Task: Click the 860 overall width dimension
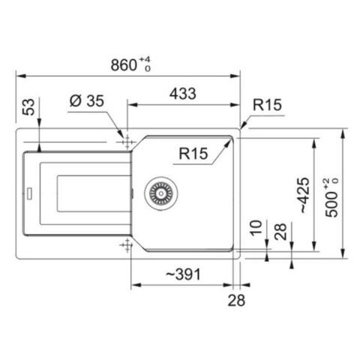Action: tap(124, 65)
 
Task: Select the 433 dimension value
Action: tap(183, 94)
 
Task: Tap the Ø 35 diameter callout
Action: tap(87, 101)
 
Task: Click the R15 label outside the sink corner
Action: tap(267, 104)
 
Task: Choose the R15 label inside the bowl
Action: tap(193, 153)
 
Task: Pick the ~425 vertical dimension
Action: tap(304, 195)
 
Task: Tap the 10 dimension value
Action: tap(256, 228)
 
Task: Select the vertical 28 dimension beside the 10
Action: tap(280, 231)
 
